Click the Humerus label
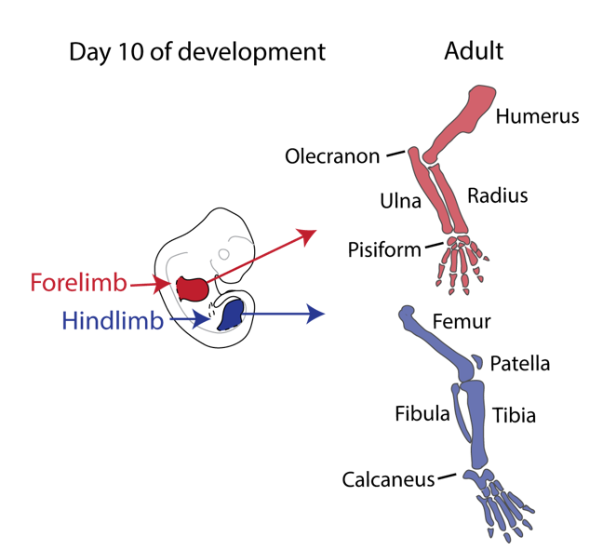(537, 116)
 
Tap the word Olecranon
(332, 156)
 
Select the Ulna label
(400, 201)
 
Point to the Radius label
(497, 195)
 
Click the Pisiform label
(382, 250)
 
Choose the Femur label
(462, 322)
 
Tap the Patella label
(519, 363)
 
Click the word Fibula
(422, 412)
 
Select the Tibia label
(514, 415)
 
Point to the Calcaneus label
(388, 480)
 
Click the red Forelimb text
(78, 281)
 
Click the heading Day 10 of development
(197, 51)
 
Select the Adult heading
(474, 50)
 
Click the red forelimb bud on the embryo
(193, 288)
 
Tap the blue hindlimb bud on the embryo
(230, 315)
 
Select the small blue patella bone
(475, 361)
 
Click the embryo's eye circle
(223, 253)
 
